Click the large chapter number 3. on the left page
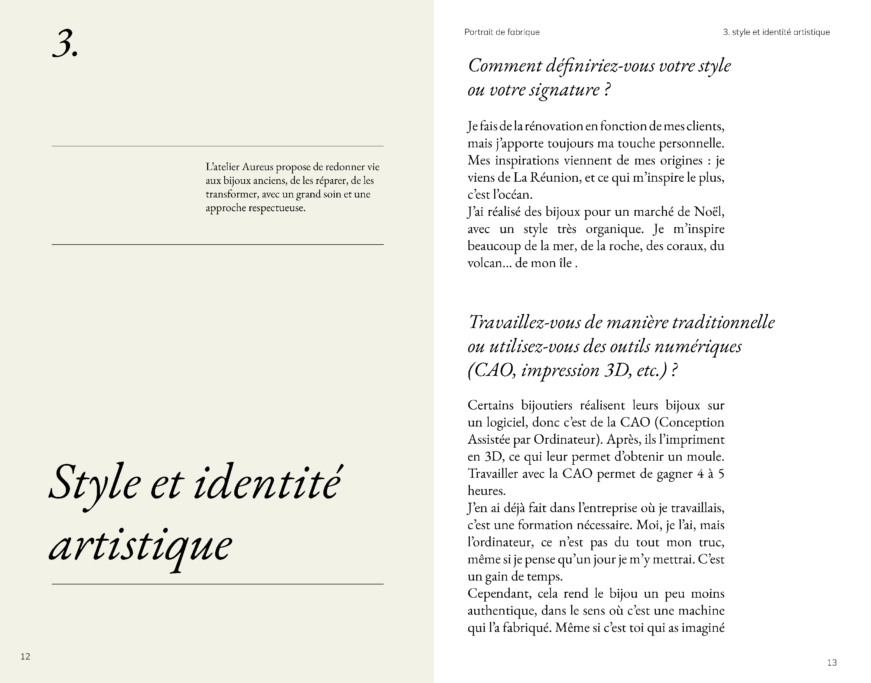click(65, 44)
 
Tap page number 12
click(25, 656)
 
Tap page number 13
click(832, 663)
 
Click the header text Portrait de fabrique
click(502, 32)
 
